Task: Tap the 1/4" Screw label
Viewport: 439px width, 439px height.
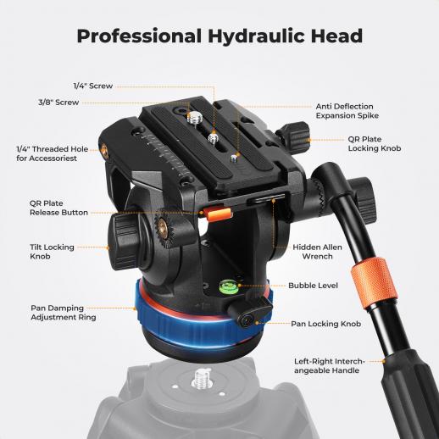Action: click(x=93, y=86)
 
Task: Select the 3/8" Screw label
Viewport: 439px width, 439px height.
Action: click(x=58, y=103)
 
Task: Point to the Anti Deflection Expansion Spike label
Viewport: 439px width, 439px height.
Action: click(x=347, y=111)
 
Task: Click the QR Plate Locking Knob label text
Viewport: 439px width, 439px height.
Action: click(x=375, y=144)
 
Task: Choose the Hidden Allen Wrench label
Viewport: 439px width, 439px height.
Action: click(x=317, y=252)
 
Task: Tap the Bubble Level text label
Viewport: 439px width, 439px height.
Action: click(x=313, y=286)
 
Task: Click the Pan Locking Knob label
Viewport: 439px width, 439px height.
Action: click(x=326, y=324)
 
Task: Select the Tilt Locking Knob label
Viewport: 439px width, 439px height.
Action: click(x=52, y=252)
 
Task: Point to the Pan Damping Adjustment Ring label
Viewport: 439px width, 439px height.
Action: click(x=64, y=313)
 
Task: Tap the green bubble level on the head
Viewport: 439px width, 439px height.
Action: click(x=229, y=286)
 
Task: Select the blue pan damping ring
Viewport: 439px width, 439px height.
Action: click(x=197, y=325)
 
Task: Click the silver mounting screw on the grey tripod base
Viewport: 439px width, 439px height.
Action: click(x=202, y=379)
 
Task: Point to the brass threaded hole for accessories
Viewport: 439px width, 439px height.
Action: click(x=104, y=150)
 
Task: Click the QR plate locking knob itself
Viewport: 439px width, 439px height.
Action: click(x=294, y=135)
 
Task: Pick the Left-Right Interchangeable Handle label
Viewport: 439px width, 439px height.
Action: click(x=330, y=366)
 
